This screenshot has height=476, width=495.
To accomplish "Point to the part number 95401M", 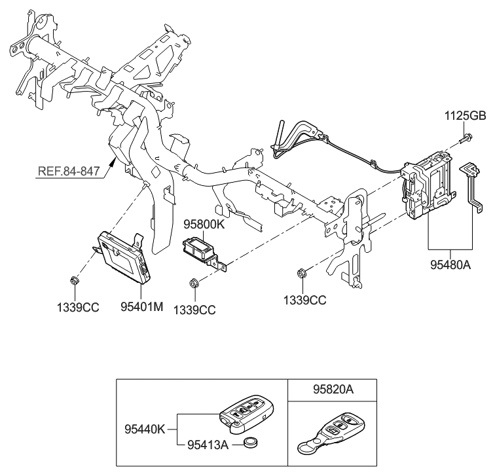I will [x=140, y=306].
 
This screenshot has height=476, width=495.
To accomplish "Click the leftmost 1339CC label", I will [x=77, y=306].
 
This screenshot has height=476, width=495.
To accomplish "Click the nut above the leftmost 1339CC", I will [x=74, y=282].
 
